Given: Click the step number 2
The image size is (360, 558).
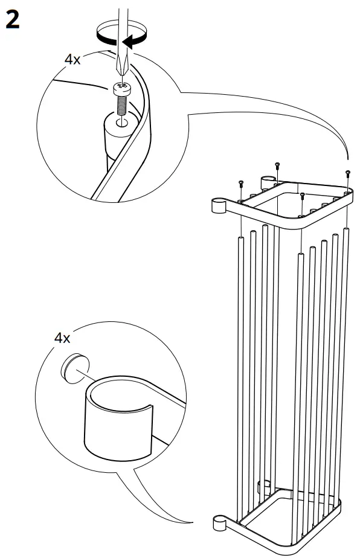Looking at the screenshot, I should click(13, 20).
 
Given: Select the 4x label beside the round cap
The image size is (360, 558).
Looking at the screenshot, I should click(62, 338).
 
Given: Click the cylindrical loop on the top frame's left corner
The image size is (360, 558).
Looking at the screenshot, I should click(218, 206).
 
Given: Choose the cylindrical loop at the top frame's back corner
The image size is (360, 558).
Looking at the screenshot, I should click(266, 181).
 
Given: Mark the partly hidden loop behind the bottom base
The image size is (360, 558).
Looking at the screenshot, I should click(263, 485).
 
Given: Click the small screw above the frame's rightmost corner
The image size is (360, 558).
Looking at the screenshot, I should click(348, 174).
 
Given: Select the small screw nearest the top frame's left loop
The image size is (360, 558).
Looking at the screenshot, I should click(240, 182).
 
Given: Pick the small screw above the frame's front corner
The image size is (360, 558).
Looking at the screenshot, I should click(302, 196).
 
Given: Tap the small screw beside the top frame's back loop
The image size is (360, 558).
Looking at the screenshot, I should click(277, 164).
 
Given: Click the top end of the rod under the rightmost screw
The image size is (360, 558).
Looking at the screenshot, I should click(346, 229).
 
